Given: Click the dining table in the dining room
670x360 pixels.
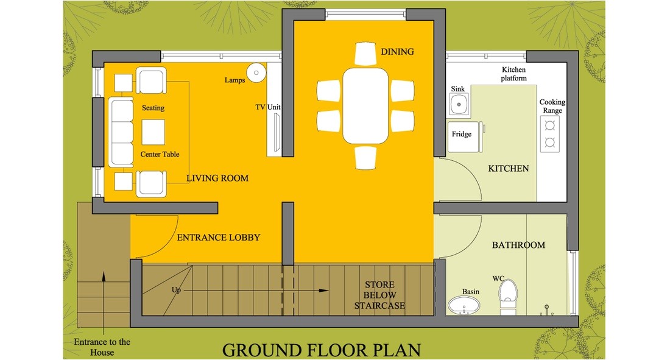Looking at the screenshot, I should (x=365, y=105).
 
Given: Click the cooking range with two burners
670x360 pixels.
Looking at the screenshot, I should (x=550, y=134).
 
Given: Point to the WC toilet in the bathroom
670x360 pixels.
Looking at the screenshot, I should (x=507, y=297).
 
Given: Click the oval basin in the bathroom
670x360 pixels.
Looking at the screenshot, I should (x=464, y=305).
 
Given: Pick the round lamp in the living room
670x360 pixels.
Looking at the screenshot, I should (x=256, y=72).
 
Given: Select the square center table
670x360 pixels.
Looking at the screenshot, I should (x=153, y=131).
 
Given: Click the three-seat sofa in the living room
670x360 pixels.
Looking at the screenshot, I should (x=121, y=132).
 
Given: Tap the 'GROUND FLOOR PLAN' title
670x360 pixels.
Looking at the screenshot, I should (x=321, y=350).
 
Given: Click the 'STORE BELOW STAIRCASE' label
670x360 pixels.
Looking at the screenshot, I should (x=379, y=295).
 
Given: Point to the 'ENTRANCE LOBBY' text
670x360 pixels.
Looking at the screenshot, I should (x=218, y=238).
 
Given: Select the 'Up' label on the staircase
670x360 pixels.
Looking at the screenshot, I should (x=177, y=289).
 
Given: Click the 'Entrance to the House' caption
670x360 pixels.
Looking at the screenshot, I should (x=102, y=347).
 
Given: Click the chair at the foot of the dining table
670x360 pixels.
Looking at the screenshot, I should (x=365, y=157).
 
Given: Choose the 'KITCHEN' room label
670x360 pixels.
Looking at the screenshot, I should (x=508, y=168).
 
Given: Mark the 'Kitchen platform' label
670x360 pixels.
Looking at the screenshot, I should (x=513, y=74).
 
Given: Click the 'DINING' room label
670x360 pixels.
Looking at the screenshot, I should (x=397, y=52).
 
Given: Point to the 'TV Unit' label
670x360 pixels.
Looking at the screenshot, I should (x=268, y=107).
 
